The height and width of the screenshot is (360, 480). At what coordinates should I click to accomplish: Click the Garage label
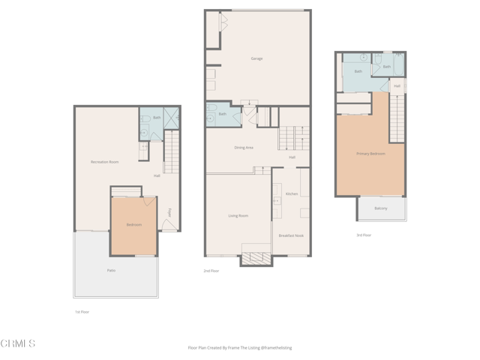click(256, 58)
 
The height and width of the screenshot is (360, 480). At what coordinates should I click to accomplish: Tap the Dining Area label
click(244, 148)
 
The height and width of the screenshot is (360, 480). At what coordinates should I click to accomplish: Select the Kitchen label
click(292, 193)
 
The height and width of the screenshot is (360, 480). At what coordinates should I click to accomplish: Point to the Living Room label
click(238, 216)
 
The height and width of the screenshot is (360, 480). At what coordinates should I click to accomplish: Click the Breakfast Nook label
click(291, 235)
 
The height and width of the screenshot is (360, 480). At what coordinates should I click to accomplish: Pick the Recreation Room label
click(104, 162)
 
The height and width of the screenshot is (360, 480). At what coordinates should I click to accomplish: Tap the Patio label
click(111, 270)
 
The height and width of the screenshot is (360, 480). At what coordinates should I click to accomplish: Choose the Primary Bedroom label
click(370, 154)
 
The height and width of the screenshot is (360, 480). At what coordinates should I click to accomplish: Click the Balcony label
click(381, 208)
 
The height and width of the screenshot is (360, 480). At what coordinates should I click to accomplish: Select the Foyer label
click(170, 212)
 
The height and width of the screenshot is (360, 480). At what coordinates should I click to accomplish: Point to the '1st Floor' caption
click(82, 312)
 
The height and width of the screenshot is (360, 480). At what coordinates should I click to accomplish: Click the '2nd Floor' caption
click(211, 271)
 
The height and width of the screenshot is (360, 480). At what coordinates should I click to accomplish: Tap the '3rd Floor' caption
click(364, 235)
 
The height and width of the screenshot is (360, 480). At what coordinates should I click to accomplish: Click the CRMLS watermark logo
click(18, 343)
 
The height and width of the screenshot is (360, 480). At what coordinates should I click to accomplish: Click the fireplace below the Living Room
click(256, 259)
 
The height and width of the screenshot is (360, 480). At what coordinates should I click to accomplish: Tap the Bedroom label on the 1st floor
click(133, 225)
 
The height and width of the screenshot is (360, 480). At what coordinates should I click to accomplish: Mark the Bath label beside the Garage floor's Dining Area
click(222, 114)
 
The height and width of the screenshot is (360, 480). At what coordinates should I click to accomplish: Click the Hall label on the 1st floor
click(157, 176)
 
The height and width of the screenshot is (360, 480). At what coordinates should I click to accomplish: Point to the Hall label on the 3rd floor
click(397, 86)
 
